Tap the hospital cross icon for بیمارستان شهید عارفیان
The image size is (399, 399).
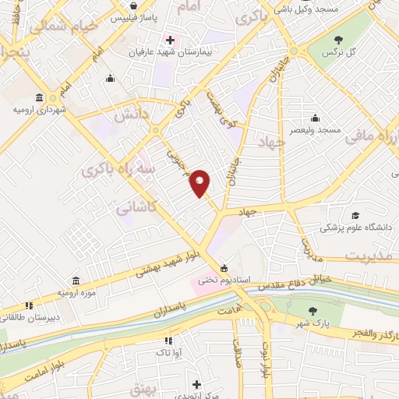(170, 40)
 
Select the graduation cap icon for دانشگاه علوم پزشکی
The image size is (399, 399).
(355, 216)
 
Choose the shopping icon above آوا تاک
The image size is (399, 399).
(168, 341)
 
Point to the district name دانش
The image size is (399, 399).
(134, 113)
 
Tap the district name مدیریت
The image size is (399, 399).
(368, 256)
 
